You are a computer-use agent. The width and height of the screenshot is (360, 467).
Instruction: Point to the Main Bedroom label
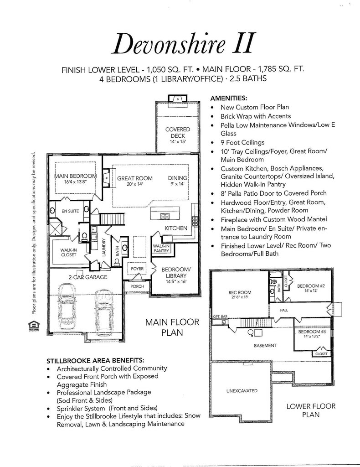pos(76,178)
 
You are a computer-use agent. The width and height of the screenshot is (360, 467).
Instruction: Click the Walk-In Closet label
pos(69,252)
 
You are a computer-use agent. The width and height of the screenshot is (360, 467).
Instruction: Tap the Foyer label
pos(137,269)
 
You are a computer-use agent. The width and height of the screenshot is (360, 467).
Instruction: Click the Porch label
pos(137,286)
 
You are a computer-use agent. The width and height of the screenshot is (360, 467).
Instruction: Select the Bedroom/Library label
pos(176,275)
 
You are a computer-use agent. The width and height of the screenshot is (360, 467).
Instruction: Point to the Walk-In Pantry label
pos(161,249)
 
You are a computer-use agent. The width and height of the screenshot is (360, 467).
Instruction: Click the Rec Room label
pos(240,295)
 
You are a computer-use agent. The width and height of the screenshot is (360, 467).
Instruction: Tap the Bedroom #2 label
pos(310,288)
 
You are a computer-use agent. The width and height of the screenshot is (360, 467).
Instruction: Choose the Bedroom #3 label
pos(311,334)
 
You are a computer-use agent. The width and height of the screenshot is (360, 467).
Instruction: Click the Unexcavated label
pos(242,391)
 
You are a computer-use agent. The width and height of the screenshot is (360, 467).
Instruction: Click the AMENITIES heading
pos(229,98)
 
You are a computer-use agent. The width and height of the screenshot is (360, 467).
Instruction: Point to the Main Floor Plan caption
pos(172,327)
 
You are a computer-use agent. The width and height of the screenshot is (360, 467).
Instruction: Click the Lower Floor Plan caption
pos(311,410)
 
